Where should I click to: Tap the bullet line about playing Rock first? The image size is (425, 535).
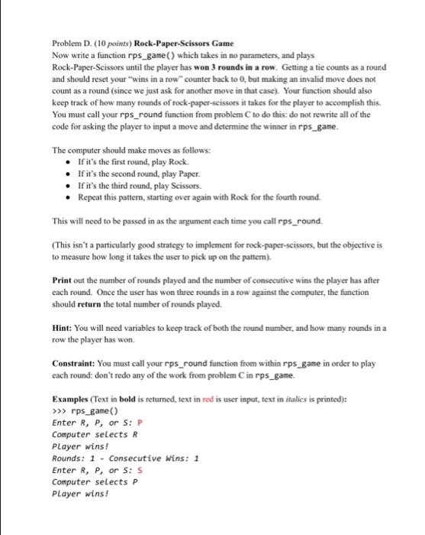click(x=127, y=163)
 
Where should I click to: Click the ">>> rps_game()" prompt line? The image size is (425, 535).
click(x=82, y=410)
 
